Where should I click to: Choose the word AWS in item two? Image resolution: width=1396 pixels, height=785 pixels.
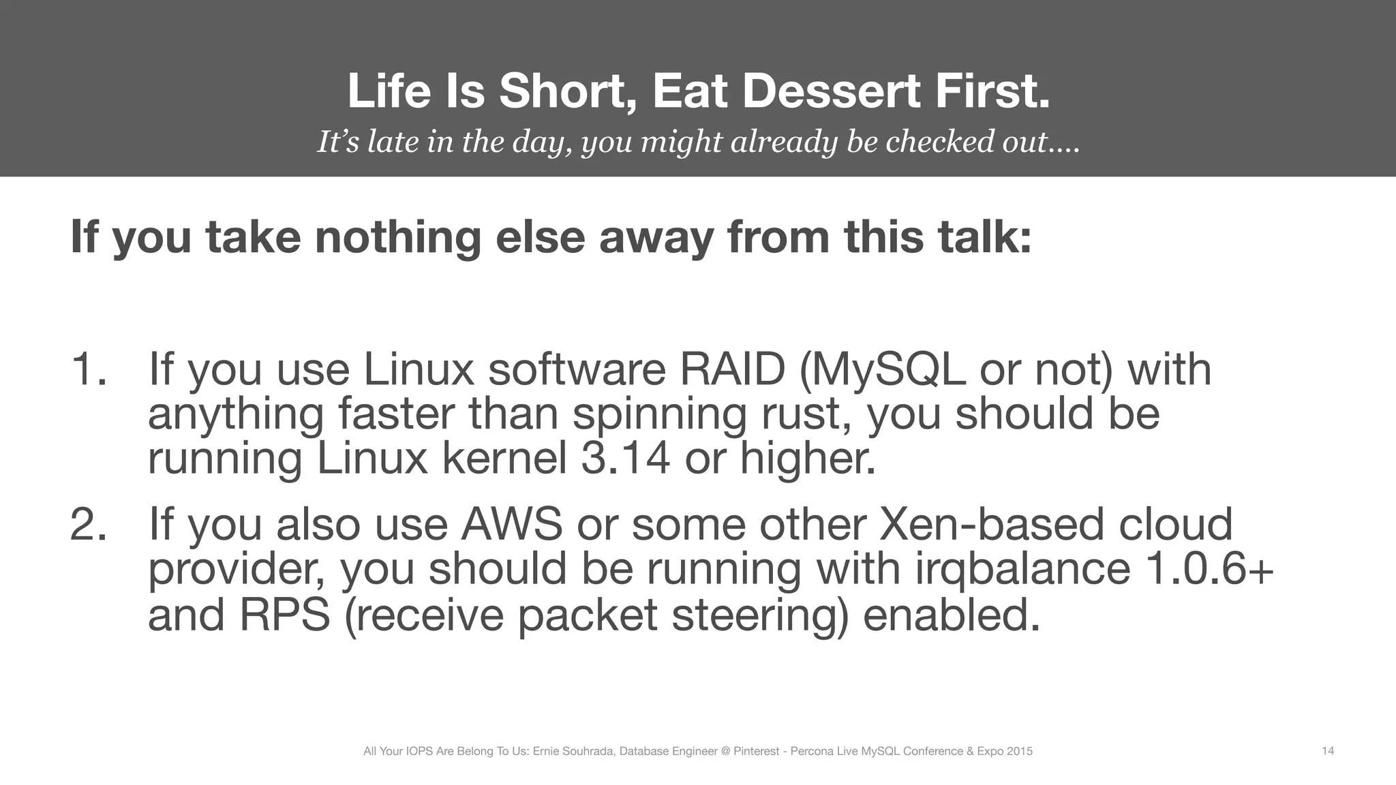click(512, 525)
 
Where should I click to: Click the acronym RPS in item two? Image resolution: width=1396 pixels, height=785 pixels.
click(284, 615)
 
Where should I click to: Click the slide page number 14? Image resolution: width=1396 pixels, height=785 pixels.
click(1328, 751)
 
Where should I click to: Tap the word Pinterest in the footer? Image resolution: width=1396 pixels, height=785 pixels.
click(756, 752)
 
